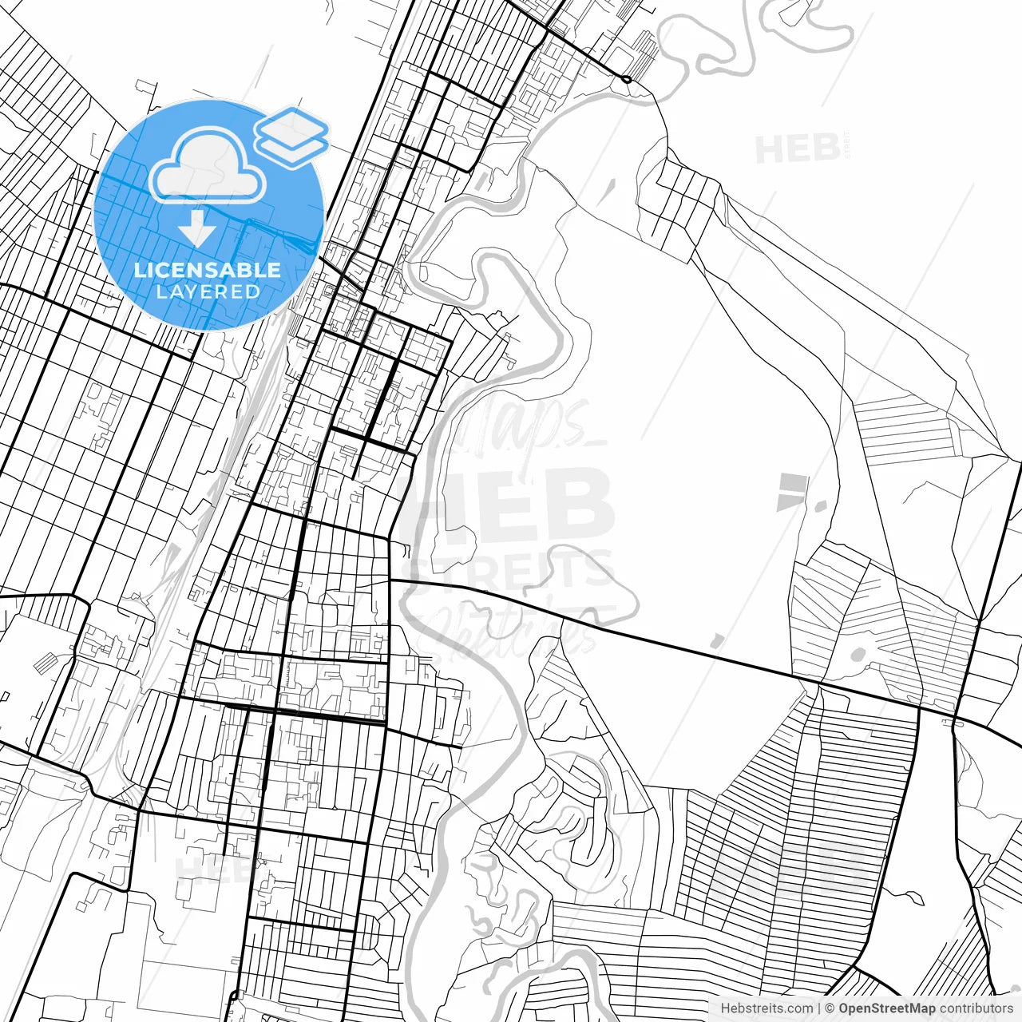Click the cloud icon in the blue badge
point(208,166)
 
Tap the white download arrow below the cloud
point(196,228)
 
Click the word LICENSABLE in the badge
point(208,270)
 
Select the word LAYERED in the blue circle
point(208,291)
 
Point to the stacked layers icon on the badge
point(291,137)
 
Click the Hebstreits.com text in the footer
point(766,1008)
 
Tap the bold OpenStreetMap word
point(886,1008)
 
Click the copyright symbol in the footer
point(830,1008)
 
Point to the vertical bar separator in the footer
point(820,1008)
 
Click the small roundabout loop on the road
point(627,79)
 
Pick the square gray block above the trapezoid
point(793,482)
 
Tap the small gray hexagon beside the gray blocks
point(820,505)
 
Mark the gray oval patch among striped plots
point(858,656)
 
